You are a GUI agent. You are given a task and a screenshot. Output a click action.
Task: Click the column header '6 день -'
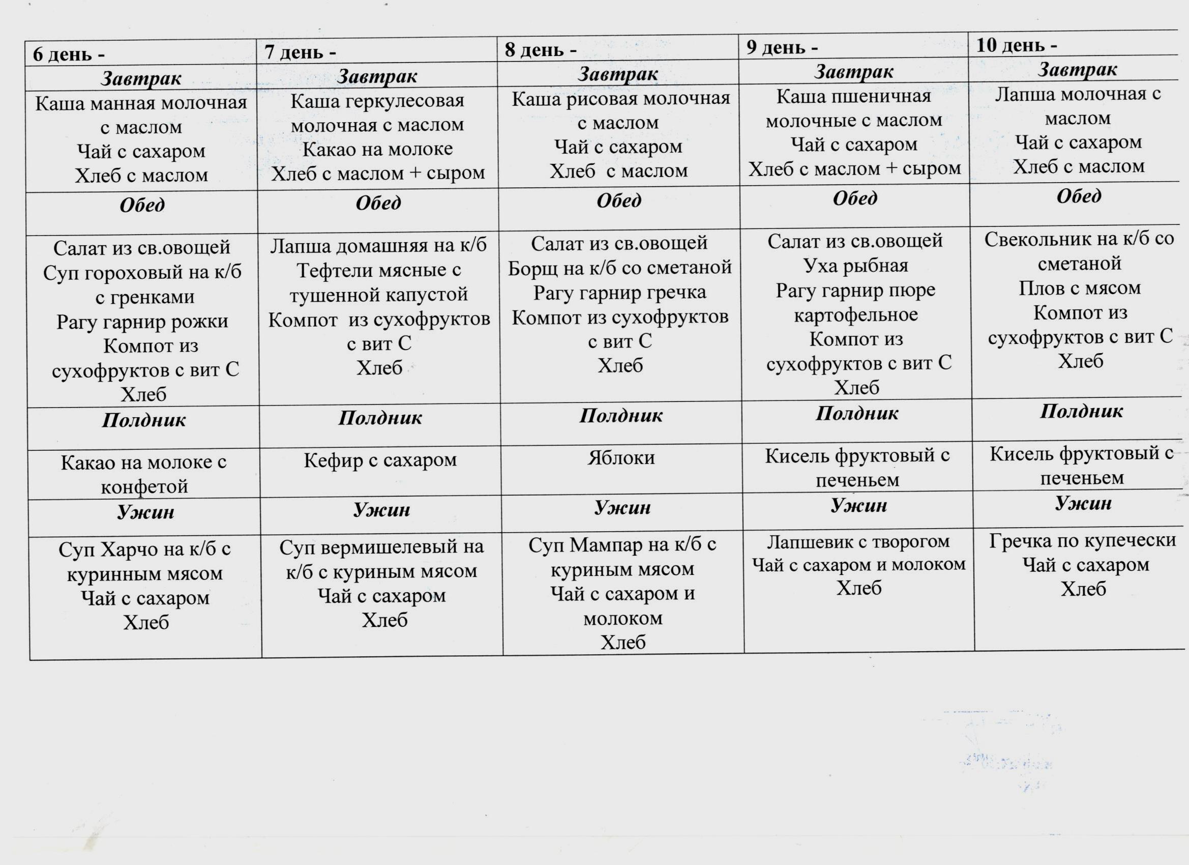coord(69,54)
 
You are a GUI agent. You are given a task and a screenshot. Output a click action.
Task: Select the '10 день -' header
coord(1016,46)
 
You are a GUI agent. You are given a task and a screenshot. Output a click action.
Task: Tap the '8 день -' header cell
coord(541,50)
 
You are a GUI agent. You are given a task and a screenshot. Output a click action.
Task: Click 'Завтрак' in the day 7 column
coord(377,77)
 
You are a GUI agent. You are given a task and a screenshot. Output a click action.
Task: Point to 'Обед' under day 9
coord(854,198)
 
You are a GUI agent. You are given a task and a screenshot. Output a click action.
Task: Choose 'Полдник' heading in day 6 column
coord(143,420)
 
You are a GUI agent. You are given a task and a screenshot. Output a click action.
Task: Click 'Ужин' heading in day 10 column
coord(1083,504)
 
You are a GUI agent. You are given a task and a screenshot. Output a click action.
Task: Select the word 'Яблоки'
coord(621,458)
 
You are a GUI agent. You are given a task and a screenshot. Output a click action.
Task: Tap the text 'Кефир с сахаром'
coord(380,460)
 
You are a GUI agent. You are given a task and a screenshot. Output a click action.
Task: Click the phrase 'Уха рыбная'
coord(855,266)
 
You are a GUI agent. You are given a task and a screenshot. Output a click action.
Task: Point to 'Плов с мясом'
coord(1080,288)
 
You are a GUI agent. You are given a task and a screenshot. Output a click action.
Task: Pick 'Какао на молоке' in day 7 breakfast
coord(377,149)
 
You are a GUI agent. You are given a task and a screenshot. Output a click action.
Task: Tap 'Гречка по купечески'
coord(1083,540)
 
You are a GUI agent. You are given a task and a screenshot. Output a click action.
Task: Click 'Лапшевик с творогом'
coord(858,541)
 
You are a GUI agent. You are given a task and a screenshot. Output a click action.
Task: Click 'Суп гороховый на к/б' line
coord(142,272)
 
